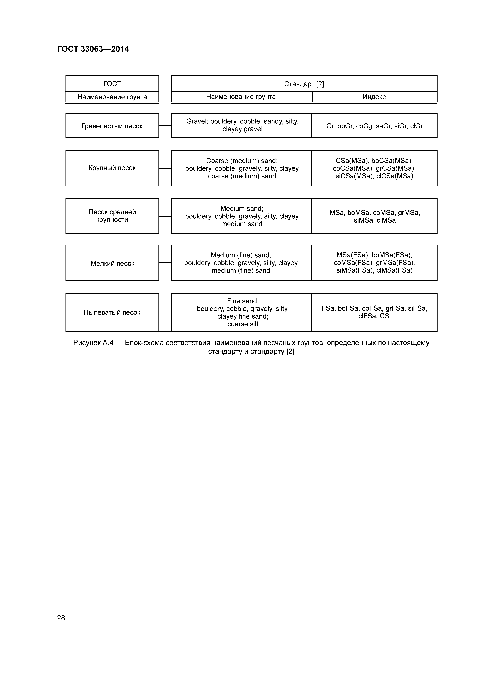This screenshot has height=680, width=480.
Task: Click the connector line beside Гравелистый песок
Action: pyautogui.click(x=165, y=126)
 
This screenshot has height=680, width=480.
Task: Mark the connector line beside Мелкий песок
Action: pyautogui.click(x=165, y=263)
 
